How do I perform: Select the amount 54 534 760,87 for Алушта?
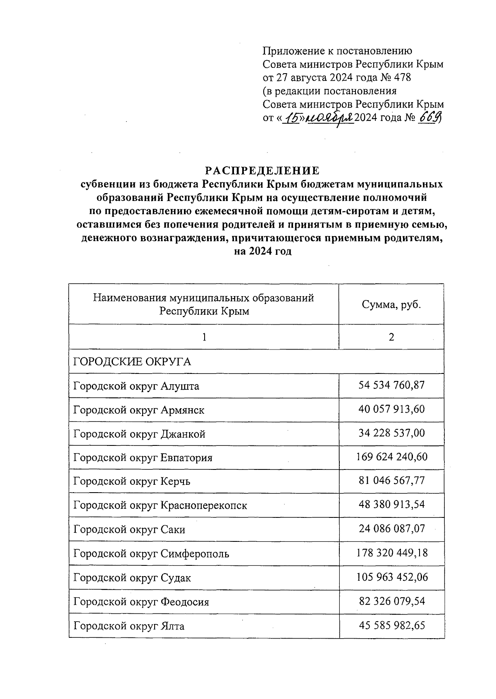(391, 385)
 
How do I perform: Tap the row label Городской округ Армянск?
(139, 410)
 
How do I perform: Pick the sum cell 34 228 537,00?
(391, 433)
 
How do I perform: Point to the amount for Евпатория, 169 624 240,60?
(391, 457)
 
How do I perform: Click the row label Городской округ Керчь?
(132, 481)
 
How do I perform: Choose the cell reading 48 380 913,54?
(391, 505)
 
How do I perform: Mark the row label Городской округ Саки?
(129, 529)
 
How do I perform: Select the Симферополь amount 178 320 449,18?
(391, 553)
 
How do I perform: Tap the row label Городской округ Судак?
(132, 577)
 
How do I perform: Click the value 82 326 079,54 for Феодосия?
(391, 601)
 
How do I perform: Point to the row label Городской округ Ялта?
(129, 626)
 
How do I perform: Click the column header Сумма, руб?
(391, 305)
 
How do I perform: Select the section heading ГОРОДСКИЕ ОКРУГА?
(132, 362)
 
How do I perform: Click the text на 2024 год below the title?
(263, 251)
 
